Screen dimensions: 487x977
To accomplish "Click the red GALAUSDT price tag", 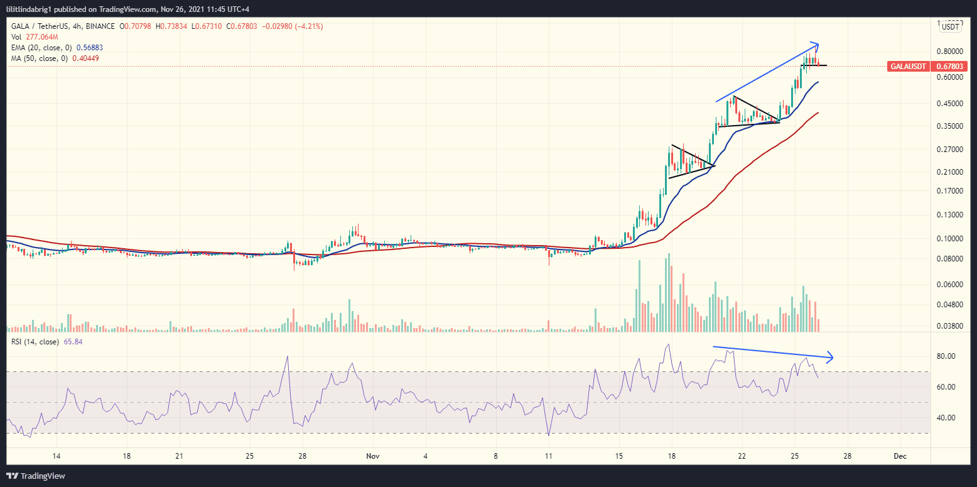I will pos(908,66).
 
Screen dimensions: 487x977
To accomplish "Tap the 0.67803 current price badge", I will pos(951,66).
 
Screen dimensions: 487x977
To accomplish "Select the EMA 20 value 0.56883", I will pos(90,48).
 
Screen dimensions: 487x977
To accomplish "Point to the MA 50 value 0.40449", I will pos(86,58).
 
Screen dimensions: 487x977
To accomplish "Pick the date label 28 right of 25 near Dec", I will pos(847,456).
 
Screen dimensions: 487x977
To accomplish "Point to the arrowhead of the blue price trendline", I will pos(817,45).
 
